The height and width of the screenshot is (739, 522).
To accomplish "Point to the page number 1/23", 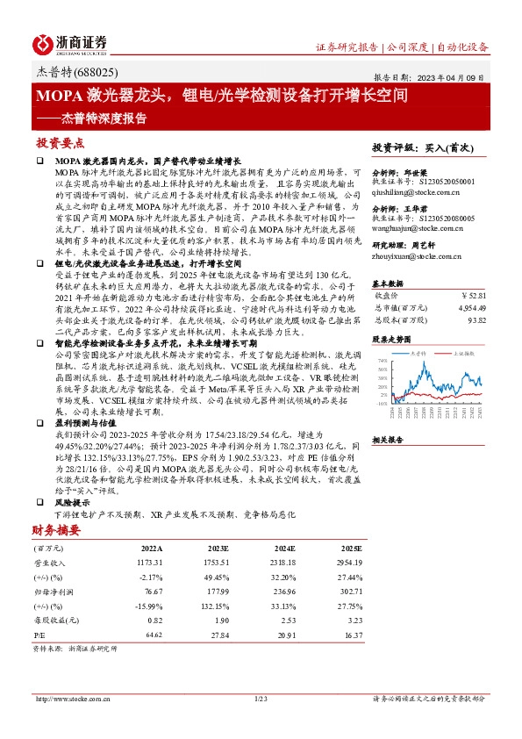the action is click(x=260, y=699).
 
